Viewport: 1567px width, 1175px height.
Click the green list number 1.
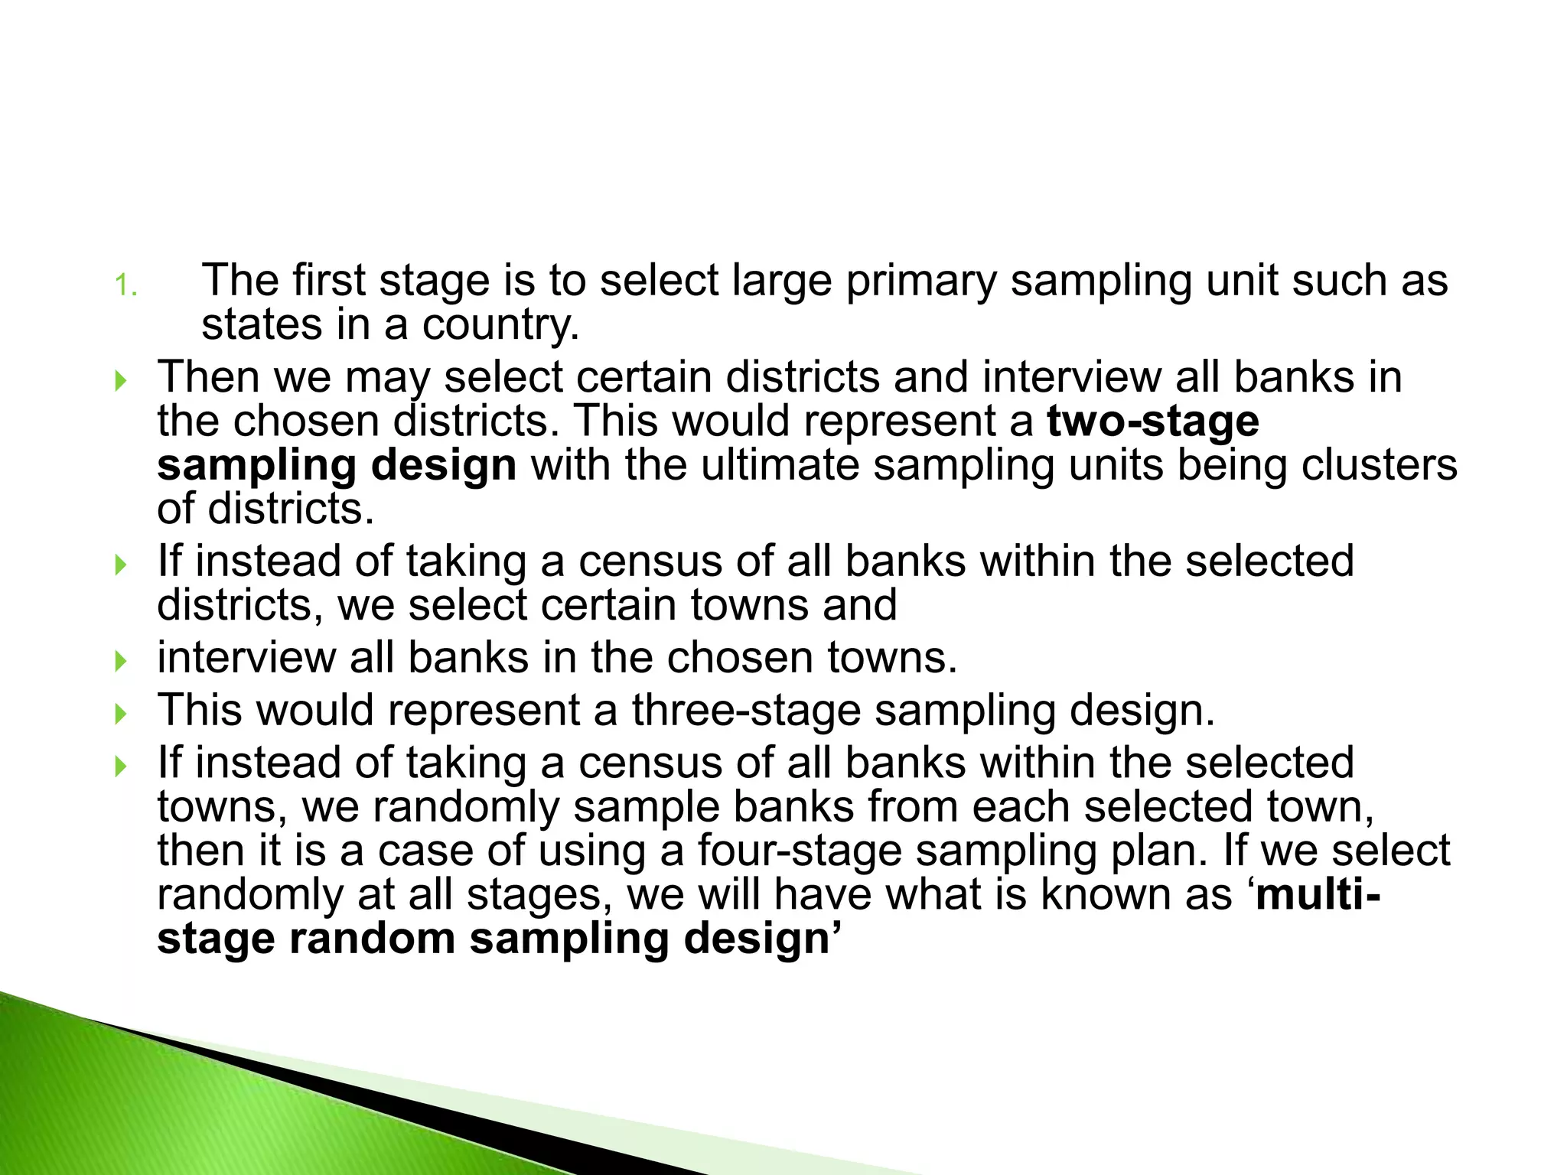125,286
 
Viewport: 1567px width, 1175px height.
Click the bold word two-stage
1152,422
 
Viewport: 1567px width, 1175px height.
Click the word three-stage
746,710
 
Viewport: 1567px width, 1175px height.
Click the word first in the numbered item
330,280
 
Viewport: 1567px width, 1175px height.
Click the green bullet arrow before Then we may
119,380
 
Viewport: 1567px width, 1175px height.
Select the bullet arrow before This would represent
119,714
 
